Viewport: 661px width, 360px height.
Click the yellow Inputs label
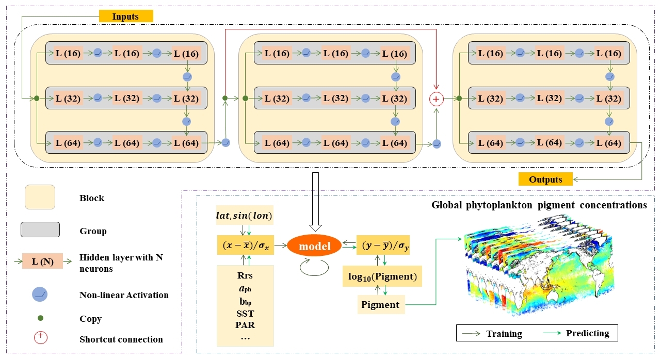(126, 17)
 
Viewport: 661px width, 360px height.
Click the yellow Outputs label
(545, 179)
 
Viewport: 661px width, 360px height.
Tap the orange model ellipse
(315, 247)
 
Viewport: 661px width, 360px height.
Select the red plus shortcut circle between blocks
(437, 98)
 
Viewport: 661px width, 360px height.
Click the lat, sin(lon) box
(245, 216)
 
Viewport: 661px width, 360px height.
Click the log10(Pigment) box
(382, 277)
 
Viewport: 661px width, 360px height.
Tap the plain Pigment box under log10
(380, 304)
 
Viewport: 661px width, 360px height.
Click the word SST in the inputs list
(245, 314)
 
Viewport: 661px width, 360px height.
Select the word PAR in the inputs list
(245, 325)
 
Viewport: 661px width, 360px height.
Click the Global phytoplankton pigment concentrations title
(539, 205)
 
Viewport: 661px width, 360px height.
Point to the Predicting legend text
(587, 333)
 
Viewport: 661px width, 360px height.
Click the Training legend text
(504, 334)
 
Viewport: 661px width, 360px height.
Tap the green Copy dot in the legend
(40, 319)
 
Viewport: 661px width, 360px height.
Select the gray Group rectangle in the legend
(40, 230)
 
